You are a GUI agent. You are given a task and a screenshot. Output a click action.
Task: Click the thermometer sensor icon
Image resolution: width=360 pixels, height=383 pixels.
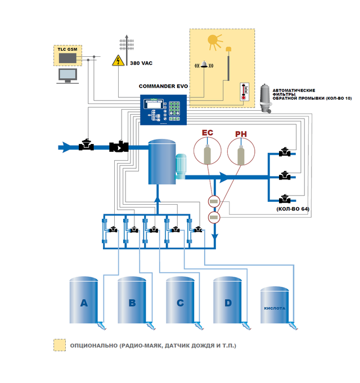tap(244, 91)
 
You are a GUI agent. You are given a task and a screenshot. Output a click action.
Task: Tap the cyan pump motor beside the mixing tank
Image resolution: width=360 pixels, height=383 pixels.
tap(181, 167)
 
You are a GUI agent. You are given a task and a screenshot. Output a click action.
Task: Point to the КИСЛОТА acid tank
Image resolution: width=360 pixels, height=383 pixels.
tap(274, 306)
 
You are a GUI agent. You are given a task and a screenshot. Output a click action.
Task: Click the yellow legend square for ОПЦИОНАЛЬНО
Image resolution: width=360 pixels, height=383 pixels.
tap(59, 345)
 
